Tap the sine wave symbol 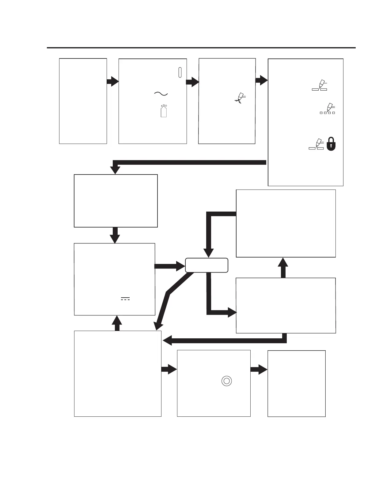[x=161, y=94]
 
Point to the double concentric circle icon [x=226, y=381]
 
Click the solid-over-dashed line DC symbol [x=125, y=299]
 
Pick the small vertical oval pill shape [x=180, y=72]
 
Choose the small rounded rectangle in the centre [x=206, y=265]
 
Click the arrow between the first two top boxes [x=112, y=82]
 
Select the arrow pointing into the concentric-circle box [x=169, y=370]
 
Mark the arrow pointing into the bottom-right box [x=259, y=370]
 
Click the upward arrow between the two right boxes [x=283, y=268]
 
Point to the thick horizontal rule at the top [x=201, y=48]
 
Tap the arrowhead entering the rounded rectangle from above [x=209, y=253]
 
